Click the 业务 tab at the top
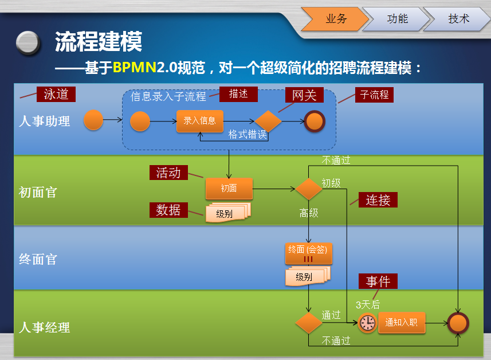tap(336, 19)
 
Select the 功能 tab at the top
tap(397, 19)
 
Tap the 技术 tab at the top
tap(458, 19)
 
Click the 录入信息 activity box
tap(199, 121)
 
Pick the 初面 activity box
tap(229, 188)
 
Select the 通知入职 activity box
tap(401, 323)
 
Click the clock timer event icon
tap(367, 323)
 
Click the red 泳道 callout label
tap(56, 95)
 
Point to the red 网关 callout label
tap(304, 95)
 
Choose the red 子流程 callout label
tap(374, 95)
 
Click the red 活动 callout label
tap(168, 173)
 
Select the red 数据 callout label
tap(168, 210)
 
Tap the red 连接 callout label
tap(378, 200)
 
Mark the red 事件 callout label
tap(378, 281)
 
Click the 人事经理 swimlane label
tap(45, 327)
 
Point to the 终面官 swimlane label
tap(38, 259)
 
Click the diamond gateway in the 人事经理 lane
tap(309, 323)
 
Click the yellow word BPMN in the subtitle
tap(135, 68)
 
